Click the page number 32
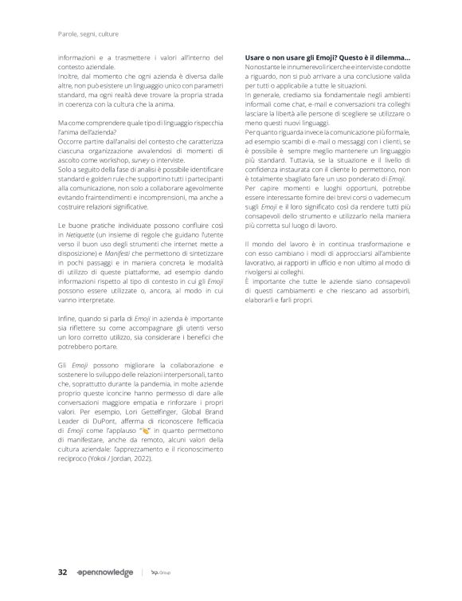tap(61, 572)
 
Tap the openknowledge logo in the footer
tap(106, 572)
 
